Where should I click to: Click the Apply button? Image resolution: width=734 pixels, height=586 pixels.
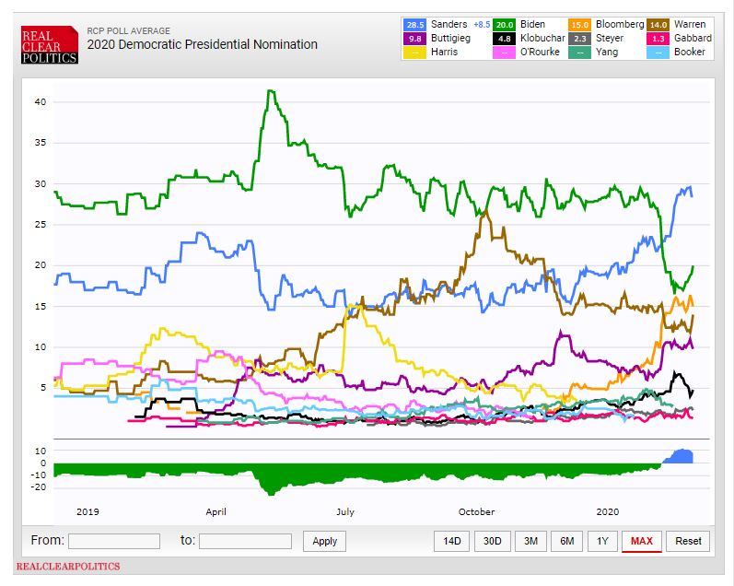pos(324,541)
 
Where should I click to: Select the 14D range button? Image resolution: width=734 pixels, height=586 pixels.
pos(452,541)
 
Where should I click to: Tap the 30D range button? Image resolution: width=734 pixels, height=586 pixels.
pos(492,541)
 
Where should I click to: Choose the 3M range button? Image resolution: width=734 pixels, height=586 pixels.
pos(530,541)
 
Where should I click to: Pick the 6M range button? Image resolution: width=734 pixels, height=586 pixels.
pos(567,541)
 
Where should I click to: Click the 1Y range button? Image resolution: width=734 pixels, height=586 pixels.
pos(602,541)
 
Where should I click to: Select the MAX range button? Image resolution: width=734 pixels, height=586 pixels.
pos(641,541)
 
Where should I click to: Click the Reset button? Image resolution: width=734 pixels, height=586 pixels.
pos(688,541)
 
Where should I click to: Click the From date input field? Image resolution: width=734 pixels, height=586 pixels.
pos(113,541)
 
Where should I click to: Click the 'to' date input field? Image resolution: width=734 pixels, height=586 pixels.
pos(245,541)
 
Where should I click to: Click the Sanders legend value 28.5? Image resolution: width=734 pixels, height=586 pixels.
pos(415,24)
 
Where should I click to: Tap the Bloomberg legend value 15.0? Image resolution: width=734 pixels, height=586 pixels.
pos(582,24)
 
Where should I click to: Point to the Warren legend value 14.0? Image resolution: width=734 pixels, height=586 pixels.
pos(659,24)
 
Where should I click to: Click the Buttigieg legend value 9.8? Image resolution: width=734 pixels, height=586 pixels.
pos(415,38)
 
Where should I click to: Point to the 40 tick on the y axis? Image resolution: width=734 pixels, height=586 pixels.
pos(40,102)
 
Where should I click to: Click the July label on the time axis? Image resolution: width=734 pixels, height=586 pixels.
pos(345,511)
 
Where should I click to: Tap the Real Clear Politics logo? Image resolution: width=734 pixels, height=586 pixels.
pos(50,44)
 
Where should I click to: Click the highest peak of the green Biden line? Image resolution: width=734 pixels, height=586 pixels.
pos(268,90)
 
